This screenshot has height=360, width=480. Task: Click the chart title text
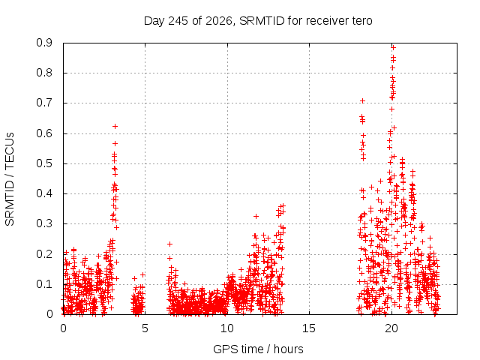[258, 21]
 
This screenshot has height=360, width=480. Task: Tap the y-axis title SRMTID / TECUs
[10, 179]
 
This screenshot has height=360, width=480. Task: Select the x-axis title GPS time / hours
[258, 349]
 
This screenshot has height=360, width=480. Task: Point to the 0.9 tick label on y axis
[44, 43]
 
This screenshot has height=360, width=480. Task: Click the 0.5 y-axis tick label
[44, 163]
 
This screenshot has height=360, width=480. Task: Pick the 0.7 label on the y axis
[44, 103]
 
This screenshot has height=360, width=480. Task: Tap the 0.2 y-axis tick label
[44, 254]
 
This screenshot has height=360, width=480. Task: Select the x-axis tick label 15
[309, 328]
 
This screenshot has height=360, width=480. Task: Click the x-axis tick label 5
[145, 328]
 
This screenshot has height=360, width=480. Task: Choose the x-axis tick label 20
[391, 328]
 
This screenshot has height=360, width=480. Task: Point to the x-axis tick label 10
[226, 328]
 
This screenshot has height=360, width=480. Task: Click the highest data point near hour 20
[393, 48]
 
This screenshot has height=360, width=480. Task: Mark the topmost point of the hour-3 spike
[115, 127]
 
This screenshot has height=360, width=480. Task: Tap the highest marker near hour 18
[362, 101]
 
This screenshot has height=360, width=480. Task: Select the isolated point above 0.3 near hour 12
[256, 217]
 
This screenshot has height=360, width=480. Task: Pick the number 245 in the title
[178, 21]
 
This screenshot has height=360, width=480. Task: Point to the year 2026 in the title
[218, 22]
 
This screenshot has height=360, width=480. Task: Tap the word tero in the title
[362, 21]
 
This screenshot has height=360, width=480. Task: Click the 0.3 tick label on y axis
[44, 223]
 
